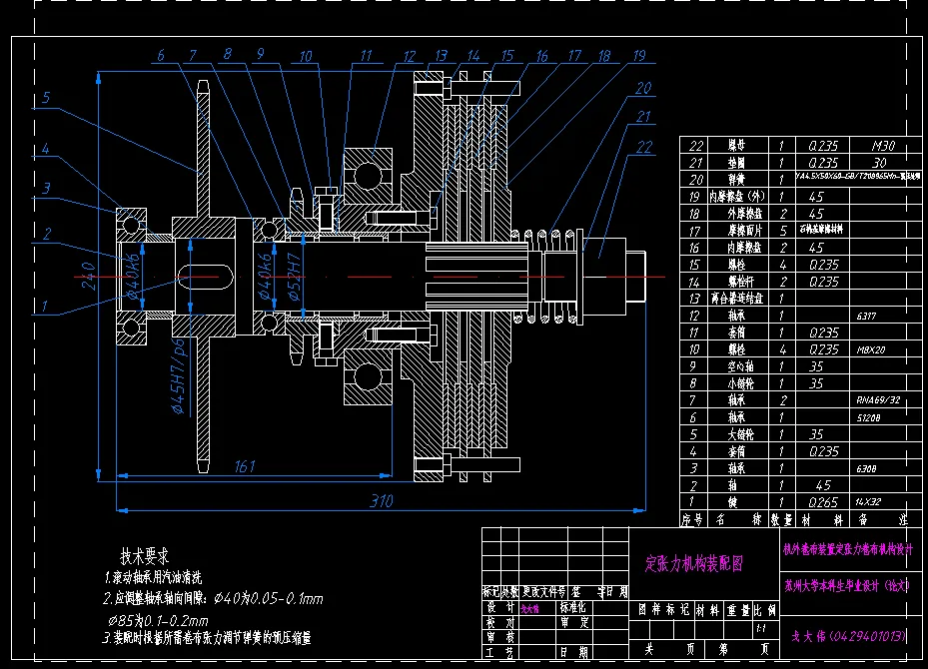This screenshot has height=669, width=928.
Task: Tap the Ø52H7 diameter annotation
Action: (x=295, y=275)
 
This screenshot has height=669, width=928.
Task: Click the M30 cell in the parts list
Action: (x=883, y=146)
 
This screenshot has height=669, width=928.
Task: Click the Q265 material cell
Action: (x=822, y=501)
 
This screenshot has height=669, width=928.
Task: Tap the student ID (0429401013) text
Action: (x=849, y=635)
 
